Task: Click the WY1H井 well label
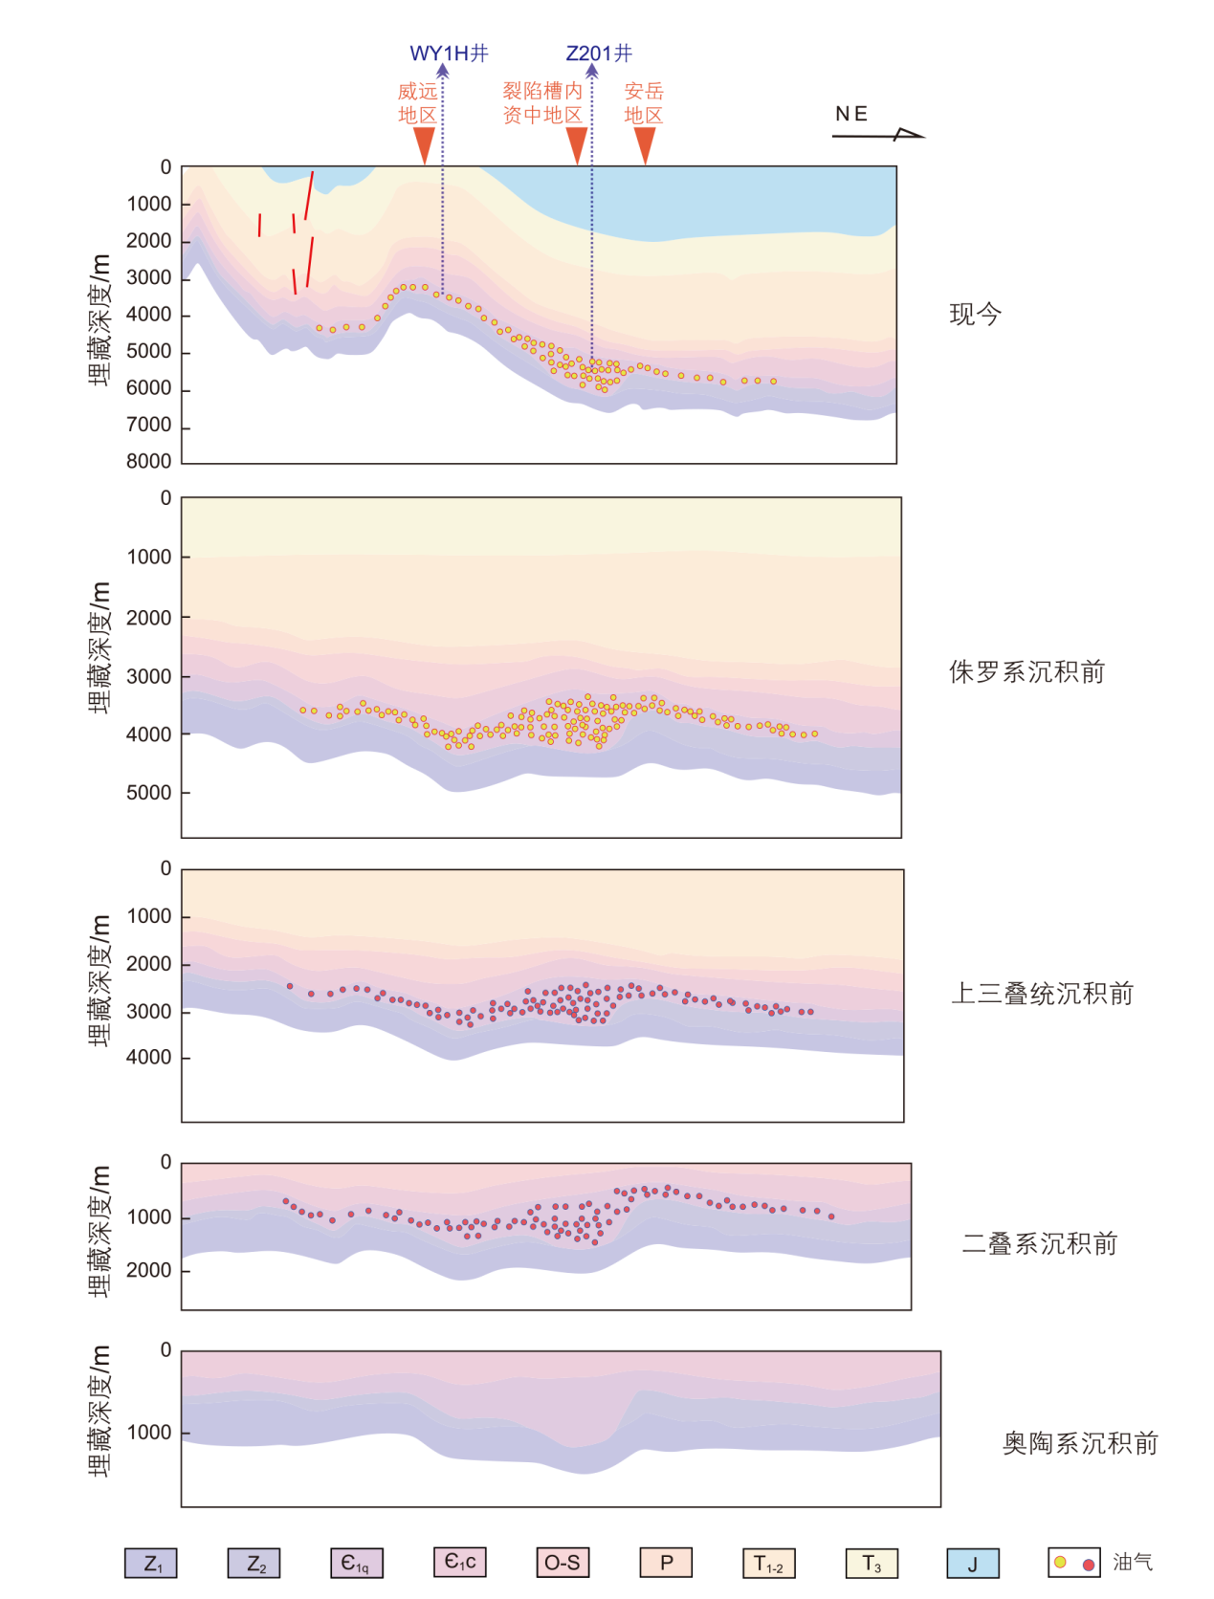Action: pos(449,54)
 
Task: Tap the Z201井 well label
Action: pos(599,54)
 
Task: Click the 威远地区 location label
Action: pos(418,103)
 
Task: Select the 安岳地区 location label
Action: pos(644,103)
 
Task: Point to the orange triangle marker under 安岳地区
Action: pos(646,144)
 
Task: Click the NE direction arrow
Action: pos(878,135)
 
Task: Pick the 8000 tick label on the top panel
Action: pos(149,461)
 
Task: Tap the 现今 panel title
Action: pos(975,315)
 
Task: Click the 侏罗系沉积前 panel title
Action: pos(1026,672)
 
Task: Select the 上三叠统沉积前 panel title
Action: pos(1042,994)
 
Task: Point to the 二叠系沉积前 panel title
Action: pos(1040,1244)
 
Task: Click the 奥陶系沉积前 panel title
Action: pos(1080,1443)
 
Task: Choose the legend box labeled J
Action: pos(973,1564)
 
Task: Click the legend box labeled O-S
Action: pos(563,1563)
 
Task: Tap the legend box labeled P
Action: pos(666,1563)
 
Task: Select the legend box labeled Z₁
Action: pos(151,1564)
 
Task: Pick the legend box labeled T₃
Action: pos(872,1564)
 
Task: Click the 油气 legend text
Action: pos(1133,1563)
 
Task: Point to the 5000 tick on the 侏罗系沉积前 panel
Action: pos(149,793)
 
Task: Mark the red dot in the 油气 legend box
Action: pos(1089,1565)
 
